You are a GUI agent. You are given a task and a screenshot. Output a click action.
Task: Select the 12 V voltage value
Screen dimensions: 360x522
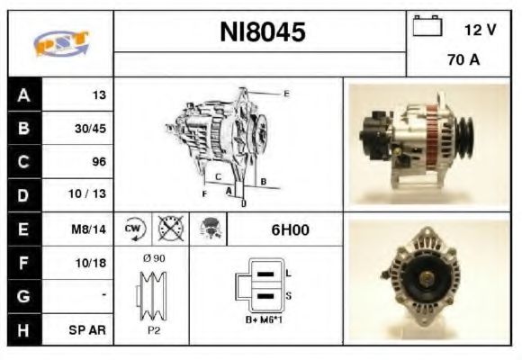(480, 30)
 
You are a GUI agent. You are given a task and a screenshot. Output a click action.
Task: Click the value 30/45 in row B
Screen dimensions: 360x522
(90, 128)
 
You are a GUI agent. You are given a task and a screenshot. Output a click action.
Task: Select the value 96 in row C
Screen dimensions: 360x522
(99, 162)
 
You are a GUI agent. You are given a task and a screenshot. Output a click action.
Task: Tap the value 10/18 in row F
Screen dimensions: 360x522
(91, 262)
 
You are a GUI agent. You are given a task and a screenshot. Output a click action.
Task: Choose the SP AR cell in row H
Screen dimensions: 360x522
(91, 329)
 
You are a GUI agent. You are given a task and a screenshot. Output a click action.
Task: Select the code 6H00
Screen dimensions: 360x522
(290, 229)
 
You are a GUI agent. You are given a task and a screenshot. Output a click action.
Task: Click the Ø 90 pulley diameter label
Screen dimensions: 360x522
(153, 258)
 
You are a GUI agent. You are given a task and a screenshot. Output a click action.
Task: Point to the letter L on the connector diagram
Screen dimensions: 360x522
(287, 272)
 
